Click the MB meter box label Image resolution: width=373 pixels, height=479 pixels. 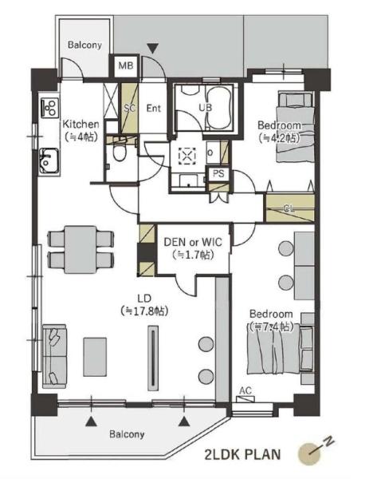(x=126, y=65)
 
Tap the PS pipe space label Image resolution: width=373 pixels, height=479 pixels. (x=218, y=173)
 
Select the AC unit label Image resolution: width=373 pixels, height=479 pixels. (x=245, y=390)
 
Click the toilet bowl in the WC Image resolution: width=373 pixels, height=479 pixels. (x=119, y=152)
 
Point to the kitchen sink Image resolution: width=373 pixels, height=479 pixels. (x=49, y=161)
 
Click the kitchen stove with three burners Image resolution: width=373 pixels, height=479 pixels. (x=49, y=108)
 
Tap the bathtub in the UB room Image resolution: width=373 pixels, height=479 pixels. (x=218, y=108)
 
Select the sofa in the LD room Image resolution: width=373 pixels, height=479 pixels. (x=54, y=356)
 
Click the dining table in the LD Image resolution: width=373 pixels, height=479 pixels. (x=80, y=249)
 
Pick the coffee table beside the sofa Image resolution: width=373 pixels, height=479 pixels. (x=95, y=357)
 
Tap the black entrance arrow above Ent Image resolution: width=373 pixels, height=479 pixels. (x=152, y=48)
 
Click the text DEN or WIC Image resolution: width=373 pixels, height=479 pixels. (x=193, y=242)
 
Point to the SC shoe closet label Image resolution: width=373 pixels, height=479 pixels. (x=130, y=108)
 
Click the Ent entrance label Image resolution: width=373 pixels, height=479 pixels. (x=154, y=108)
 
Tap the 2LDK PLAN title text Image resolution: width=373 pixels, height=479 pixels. (x=242, y=454)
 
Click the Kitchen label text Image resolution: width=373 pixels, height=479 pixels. (x=80, y=125)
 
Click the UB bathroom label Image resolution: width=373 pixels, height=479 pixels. (x=206, y=108)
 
